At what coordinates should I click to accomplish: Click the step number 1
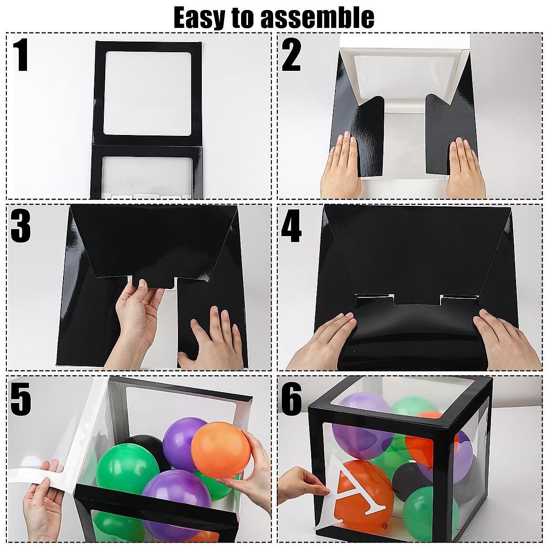[x=21, y=55]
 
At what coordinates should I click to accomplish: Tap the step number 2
[x=291, y=55]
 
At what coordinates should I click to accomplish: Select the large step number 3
[x=21, y=227]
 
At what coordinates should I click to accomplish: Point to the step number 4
[x=291, y=227]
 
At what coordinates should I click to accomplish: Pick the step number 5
[x=21, y=398]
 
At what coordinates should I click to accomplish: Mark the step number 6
[x=291, y=398]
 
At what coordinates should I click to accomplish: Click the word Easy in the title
[x=200, y=18]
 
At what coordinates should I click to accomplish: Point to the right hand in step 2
[x=465, y=167]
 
